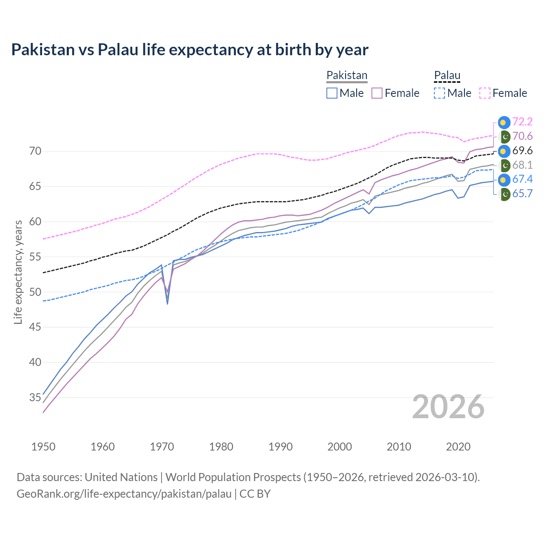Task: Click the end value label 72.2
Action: [522, 122]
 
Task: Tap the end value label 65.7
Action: [522, 194]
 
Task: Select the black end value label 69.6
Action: [522, 151]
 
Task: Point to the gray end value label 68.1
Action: [522, 165]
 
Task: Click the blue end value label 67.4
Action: [522, 179]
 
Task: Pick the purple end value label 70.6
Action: [522, 136]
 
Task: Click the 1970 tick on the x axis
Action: [162, 447]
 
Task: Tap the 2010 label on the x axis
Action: [399, 447]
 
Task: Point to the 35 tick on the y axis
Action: [35, 398]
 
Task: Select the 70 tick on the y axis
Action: [35, 151]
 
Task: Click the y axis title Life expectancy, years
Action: [18, 272]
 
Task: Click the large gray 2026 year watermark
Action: [448, 407]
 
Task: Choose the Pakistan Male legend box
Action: [332, 93]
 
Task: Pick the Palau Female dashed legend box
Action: [485, 93]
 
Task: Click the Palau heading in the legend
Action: [447, 75]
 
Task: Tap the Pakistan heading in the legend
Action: [347, 75]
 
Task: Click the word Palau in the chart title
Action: [118, 50]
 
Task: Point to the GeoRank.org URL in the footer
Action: [124, 494]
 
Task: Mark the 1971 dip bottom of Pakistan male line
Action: [167, 303]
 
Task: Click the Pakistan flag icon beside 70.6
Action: [504, 136]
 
